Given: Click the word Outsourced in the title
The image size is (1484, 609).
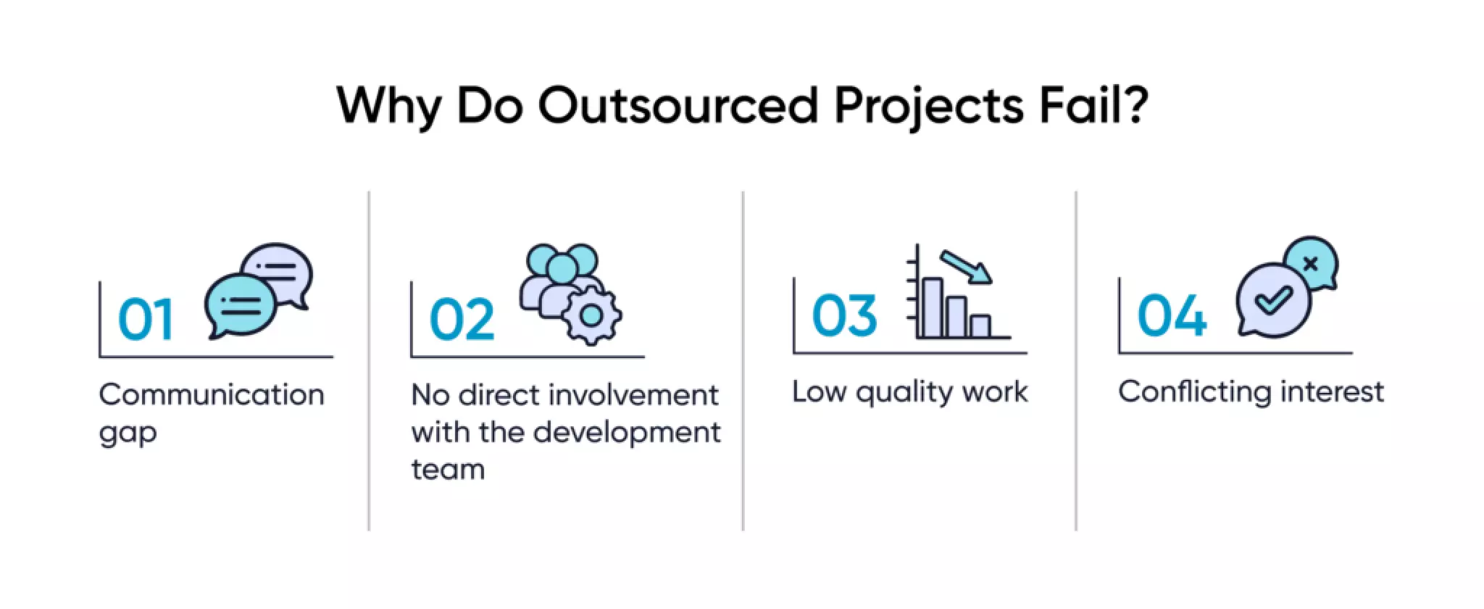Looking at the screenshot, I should [678, 106].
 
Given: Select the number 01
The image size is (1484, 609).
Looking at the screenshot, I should [145, 320].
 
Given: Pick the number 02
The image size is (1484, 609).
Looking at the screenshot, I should [462, 320].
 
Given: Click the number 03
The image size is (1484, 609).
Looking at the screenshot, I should [844, 316].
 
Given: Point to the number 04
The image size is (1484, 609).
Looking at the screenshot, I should [1172, 316].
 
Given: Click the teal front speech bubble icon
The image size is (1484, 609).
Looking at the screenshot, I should [240, 304].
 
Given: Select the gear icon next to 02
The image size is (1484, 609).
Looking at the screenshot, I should [591, 315].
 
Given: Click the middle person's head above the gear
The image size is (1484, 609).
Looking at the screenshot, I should [562, 268].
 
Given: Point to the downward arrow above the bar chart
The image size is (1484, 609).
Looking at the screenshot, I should [967, 268].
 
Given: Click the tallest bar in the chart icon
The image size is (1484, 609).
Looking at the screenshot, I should [931, 307].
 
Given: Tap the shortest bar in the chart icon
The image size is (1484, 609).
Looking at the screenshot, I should [980, 326].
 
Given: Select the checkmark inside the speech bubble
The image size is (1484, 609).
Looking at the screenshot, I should [1272, 298].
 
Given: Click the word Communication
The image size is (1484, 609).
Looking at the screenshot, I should [212, 395].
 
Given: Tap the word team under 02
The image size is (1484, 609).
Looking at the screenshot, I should [448, 470].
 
